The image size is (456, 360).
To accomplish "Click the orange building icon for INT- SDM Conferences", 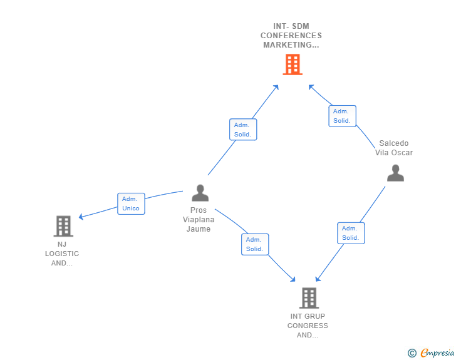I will pyautogui.click(x=292, y=64).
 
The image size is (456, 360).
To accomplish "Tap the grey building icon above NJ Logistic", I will pyautogui.click(x=63, y=226).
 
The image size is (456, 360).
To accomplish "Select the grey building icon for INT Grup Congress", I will pyautogui.click(x=309, y=298).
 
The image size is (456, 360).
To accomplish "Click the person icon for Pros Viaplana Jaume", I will pyautogui.click(x=200, y=193).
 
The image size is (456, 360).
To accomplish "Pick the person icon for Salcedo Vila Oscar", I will pyautogui.click(x=395, y=173).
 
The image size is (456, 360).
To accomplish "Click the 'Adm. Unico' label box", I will pyautogui.click(x=131, y=203).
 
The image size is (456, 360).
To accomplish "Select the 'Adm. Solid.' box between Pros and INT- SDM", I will pyautogui.click(x=242, y=130).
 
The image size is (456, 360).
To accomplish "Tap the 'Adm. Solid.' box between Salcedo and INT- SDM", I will pyautogui.click(x=342, y=116).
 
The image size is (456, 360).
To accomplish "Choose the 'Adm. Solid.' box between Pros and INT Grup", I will pyautogui.click(x=254, y=244).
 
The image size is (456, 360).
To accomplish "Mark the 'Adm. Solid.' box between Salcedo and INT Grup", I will pyautogui.click(x=351, y=233).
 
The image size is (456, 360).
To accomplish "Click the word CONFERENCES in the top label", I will pyautogui.click(x=291, y=36).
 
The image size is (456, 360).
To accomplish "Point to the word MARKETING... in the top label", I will pyautogui.click(x=291, y=45).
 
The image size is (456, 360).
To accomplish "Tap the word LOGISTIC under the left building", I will pyautogui.click(x=62, y=254).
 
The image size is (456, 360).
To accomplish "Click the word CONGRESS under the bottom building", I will pyautogui.click(x=308, y=326).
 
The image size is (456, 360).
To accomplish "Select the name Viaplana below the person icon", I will pyautogui.click(x=198, y=220).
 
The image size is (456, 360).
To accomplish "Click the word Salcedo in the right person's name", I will pyautogui.click(x=393, y=143).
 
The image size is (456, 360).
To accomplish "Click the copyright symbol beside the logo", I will pyautogui.click(x=412, y=353).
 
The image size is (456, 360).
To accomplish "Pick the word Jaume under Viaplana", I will pyautogui.click(x=198, y=229).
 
